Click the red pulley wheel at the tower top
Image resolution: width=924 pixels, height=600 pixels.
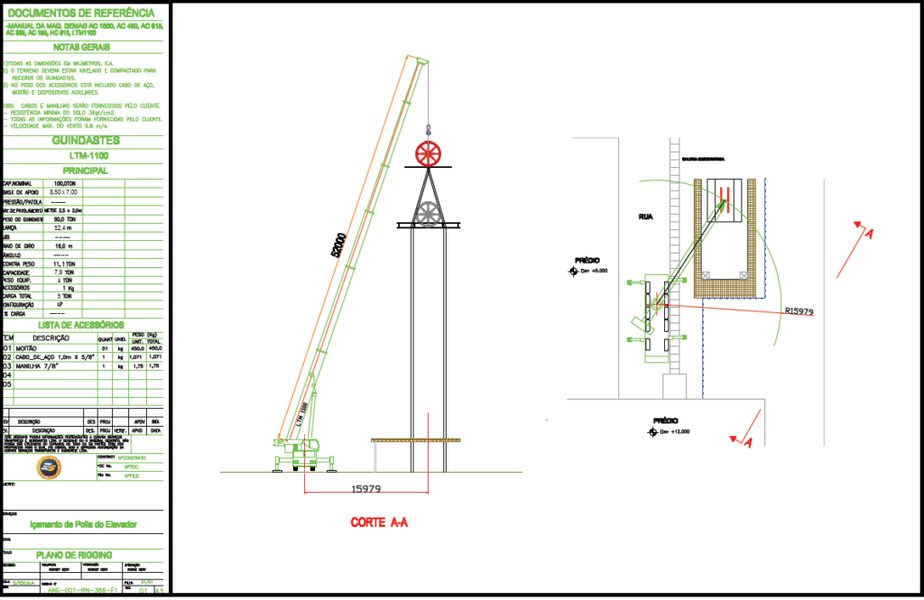430,153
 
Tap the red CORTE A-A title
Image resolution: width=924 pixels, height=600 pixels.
379,522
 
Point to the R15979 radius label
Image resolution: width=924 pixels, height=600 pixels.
799,311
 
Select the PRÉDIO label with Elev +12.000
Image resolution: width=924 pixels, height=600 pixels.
665,420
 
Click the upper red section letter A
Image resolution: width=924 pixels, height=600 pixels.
868,234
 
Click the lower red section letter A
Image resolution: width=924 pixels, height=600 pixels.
747,441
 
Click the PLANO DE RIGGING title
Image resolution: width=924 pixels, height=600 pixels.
74,554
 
